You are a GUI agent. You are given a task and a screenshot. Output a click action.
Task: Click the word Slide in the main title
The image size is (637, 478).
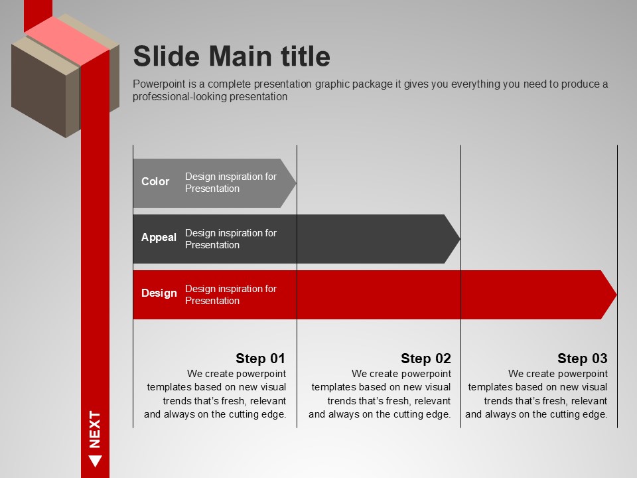point(167,56)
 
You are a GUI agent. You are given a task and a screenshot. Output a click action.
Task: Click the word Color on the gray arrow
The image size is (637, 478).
point(155,181)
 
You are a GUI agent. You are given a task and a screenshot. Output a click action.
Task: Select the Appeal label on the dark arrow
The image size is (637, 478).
point(159,238)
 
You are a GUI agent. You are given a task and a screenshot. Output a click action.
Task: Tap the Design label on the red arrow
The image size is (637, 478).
point(159,293)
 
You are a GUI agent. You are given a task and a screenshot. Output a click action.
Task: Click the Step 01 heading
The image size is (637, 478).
point(260,358)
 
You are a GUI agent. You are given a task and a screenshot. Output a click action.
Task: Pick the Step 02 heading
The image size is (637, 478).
point(426,358)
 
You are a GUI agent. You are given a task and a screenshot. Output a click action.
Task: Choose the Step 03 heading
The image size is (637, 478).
point(582,358)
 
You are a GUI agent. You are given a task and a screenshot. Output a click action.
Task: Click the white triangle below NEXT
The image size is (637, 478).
point(95,460)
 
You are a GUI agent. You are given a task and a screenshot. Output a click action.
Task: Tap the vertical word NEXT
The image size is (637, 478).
point(95,430)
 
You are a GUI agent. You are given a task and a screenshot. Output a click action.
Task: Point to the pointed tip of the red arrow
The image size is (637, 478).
point(616,294)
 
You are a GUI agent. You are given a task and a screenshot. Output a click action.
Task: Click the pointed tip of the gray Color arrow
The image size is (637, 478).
point(296,183)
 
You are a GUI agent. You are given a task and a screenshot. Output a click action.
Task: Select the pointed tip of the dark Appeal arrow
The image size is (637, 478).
point(459,239)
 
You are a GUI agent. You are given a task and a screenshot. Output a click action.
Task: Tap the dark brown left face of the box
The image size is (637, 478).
point(38,88)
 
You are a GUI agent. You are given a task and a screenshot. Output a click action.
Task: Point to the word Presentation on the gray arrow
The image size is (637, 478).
point(212,189)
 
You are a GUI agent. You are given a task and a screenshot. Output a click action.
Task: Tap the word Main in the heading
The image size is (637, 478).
point(240,56)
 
